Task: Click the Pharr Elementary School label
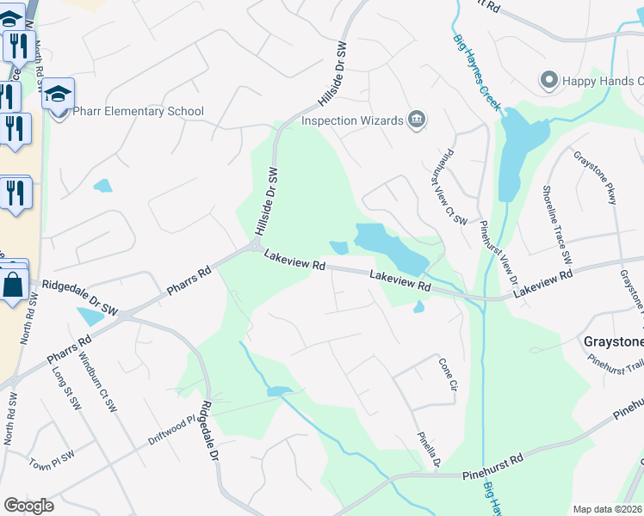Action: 138,111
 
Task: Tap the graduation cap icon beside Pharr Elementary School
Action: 59,95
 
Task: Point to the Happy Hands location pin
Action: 548,81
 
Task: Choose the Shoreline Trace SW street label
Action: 556,224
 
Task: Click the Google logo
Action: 28,506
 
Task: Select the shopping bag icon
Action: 14,285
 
